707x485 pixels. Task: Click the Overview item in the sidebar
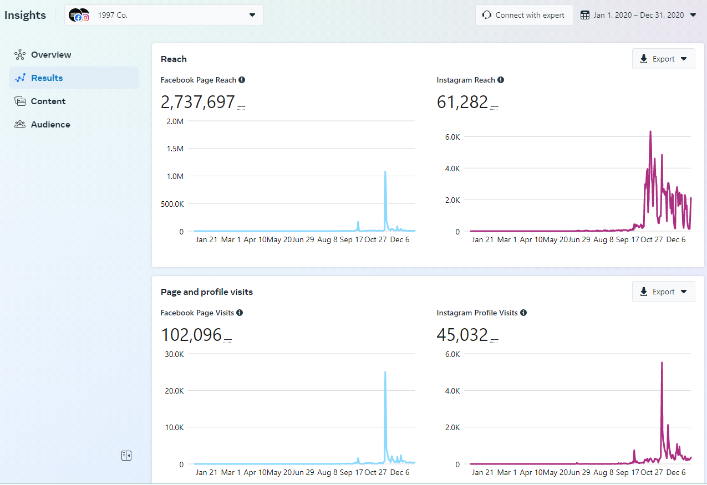point(50,54)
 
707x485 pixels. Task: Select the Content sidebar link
point(48,101)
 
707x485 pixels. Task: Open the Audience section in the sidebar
point(50,124)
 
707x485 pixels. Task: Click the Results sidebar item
point(47,78)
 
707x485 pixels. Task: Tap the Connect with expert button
point(524,15)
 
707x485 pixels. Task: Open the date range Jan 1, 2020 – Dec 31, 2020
point(638,15)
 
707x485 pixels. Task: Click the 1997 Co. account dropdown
point(164,15)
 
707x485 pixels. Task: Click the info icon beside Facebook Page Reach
point(242,80)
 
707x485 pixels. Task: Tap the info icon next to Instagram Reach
point(501,80)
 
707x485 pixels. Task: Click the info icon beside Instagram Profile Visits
point(523,313)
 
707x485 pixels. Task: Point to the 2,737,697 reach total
point(198,102)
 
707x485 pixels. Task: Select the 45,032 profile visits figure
point(462,335)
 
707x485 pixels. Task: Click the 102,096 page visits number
point(191,335)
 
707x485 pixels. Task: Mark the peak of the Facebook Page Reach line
point(385,172)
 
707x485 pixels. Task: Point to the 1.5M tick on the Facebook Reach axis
point(175,149)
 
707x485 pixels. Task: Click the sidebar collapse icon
point(126,456)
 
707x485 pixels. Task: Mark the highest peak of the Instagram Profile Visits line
point(662,363)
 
